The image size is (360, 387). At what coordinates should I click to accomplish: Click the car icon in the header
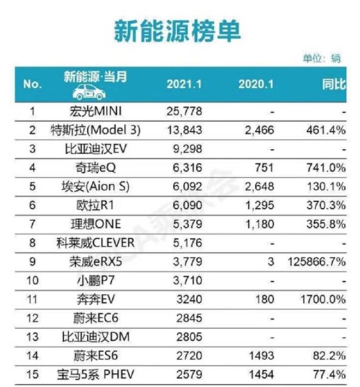coord(89,92)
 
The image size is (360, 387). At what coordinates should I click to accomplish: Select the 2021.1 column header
coord(184,84)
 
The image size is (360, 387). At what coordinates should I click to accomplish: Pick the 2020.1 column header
coord(256,84)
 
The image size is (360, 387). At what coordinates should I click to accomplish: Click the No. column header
coord(32,84)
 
